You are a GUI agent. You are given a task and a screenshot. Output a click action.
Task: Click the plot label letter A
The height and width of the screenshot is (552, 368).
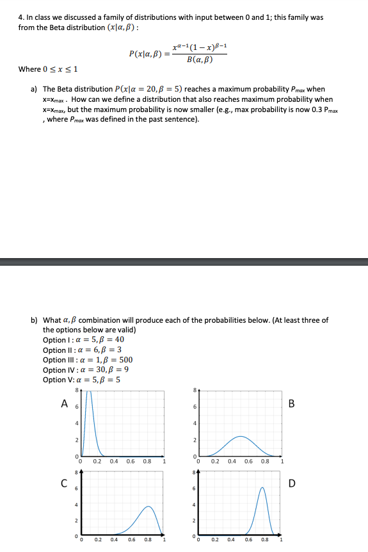click(x=64, y=403)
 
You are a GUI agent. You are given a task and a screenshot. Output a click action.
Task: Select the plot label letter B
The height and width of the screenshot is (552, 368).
click(x=291, y=403)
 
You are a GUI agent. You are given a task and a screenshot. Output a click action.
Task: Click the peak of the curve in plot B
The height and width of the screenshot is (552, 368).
click(x=240, y=437)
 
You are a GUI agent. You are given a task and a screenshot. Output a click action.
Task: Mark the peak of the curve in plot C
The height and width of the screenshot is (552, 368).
click(x=148, y=507)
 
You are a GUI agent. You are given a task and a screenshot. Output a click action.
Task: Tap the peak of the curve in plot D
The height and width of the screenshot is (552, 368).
click(x=262, y=487)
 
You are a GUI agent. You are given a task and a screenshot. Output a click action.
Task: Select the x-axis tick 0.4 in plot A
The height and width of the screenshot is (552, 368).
click(x=114, y=460)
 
